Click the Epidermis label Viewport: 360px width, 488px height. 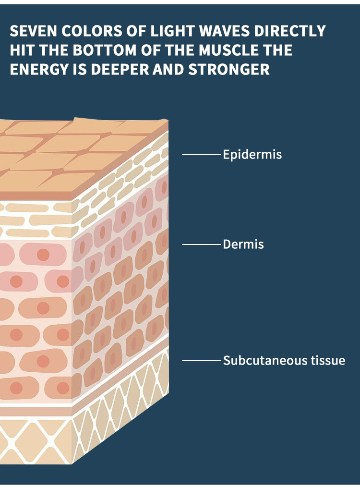pos(252,155)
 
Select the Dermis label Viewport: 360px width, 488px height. pos(243,244)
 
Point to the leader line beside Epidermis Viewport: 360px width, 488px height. pos(201,154)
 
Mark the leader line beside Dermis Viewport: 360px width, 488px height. pos(201,244)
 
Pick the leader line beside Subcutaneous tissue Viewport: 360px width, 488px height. pos(201,361)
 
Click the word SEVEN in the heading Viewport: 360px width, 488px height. pos(33,31)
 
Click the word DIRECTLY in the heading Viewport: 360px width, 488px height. pos(290,31)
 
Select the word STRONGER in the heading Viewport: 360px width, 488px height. pos(228,69)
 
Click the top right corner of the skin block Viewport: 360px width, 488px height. pos(168,120)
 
